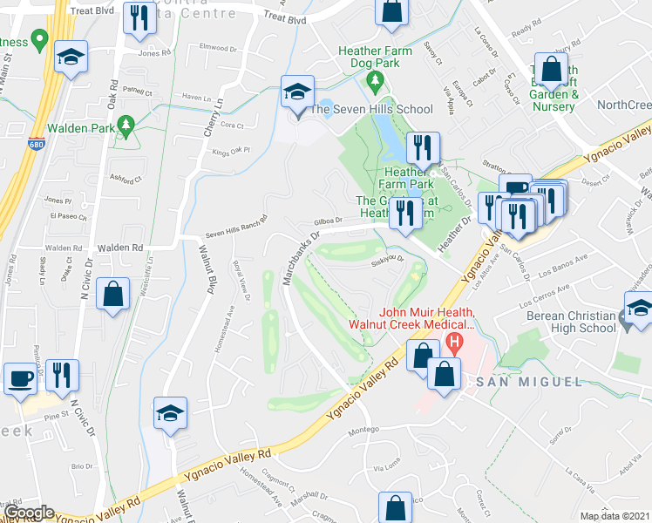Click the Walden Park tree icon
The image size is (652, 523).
[126, 126]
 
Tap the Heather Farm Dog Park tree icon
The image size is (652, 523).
[376, 83]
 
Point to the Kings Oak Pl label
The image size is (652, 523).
[232, 150]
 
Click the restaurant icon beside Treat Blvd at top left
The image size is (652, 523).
[138, 17]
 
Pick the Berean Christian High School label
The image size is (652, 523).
[568, 320]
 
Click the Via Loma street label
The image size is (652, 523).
[386, 468]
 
